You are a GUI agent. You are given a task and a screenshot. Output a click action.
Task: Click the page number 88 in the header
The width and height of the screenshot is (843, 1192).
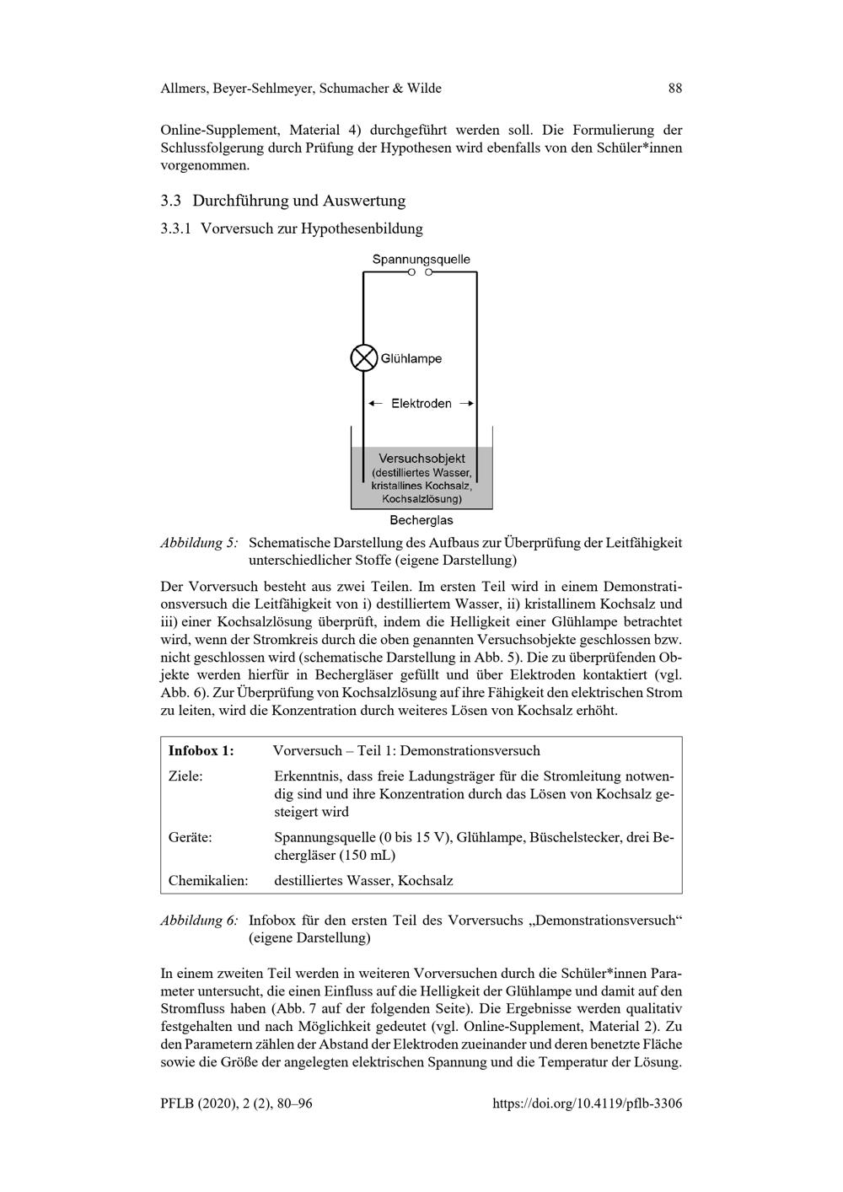674,89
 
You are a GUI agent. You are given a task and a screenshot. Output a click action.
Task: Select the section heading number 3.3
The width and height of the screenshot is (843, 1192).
171,201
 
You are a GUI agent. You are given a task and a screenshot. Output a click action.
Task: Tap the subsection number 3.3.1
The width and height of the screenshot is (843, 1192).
176,228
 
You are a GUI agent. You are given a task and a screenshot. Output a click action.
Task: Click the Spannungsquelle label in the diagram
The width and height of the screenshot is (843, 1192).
421,260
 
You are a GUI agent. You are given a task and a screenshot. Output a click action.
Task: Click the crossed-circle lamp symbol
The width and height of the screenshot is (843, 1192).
363,358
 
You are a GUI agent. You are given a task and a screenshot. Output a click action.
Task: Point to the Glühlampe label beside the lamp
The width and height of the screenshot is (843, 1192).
411,359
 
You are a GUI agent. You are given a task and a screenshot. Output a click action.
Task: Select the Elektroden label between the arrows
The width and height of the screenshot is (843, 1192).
421,404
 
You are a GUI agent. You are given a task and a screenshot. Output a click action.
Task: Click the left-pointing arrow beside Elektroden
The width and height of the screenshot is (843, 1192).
376,404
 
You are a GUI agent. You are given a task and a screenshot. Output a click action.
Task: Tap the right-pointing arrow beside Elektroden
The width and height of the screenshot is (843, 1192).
466,404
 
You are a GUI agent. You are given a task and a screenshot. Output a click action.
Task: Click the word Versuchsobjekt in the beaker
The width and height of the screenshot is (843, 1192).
421,459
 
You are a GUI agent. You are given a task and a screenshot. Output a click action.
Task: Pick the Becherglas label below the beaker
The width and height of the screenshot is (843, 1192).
421,520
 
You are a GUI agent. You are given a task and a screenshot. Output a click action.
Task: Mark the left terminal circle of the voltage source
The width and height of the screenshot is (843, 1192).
411,272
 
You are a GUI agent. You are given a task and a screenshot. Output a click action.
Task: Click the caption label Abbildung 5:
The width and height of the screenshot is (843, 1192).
199,543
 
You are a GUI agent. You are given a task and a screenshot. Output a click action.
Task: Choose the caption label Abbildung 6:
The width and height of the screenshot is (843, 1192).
199,921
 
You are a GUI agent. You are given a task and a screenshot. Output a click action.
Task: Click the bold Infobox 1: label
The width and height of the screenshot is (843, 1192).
201,750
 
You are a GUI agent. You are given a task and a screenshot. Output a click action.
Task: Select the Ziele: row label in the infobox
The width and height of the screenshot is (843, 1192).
185,776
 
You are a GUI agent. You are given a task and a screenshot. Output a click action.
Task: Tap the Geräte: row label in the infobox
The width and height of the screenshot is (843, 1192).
191,838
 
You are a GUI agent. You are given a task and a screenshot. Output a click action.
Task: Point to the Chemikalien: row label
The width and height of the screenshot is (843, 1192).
208,881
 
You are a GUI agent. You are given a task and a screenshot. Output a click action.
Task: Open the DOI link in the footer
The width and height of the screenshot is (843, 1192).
587,1103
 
